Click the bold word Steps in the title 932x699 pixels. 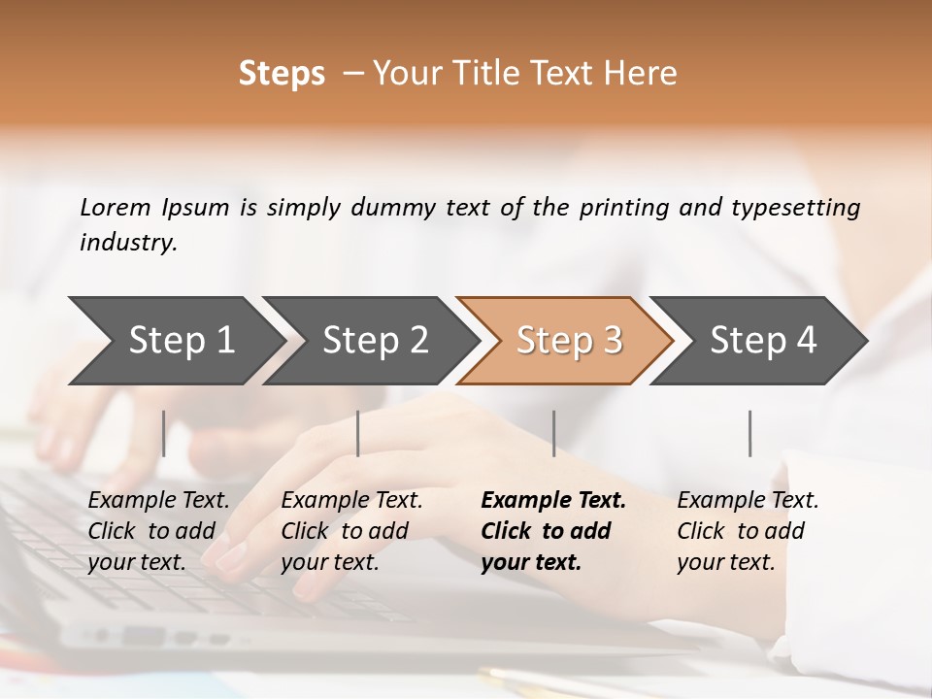click(x=282, y=74)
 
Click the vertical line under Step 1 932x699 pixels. click(x=164, y=433)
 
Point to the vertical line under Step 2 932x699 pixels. click(x=358, y=433)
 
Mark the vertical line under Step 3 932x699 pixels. click(x=554, y=433)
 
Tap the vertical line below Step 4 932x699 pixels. click(x=750, y=433)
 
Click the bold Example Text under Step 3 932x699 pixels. click(x=553, y=501)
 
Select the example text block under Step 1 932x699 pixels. click(x=158, y=531)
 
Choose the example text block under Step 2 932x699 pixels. click(x=351, y=531)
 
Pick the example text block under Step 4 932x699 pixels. click(x=748, y=531)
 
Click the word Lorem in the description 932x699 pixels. click(x=116, y=207)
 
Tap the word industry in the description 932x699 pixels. click(x=128, y=243)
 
